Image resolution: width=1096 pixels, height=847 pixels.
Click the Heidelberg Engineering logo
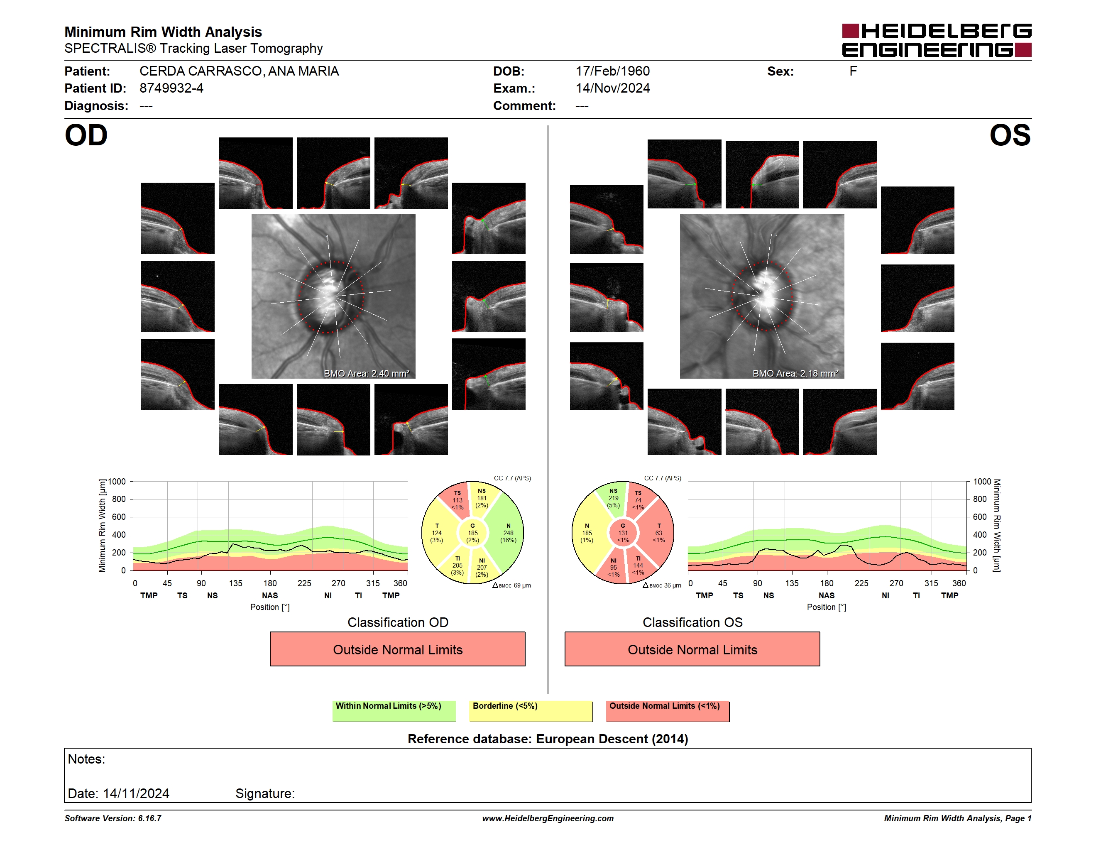tap(937, 40)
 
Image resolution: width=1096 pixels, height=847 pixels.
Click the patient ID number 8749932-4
tap(171, 88)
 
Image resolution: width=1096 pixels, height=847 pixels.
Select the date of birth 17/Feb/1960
tap(612, 71)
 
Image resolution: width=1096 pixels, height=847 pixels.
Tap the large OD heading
tap(86, 135)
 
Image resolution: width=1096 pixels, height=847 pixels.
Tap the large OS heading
tap(1010, 135)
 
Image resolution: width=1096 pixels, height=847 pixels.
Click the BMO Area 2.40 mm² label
tap(366, 373)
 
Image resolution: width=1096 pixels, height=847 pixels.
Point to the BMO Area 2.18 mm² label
tap(795, 373)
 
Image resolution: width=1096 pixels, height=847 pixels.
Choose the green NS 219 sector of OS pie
tap(612, 498)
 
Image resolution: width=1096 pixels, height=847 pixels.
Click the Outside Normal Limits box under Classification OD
tap(397, 649)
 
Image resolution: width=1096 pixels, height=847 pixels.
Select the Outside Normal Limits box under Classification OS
tap(692, 649)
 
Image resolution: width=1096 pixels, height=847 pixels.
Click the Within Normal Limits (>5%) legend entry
tap(394, 711)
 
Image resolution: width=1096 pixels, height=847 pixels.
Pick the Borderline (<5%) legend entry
tap(531, 711)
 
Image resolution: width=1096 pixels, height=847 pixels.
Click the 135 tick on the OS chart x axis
tap(792, 583)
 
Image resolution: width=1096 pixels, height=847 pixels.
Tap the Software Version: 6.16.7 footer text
tap(113, 818)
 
